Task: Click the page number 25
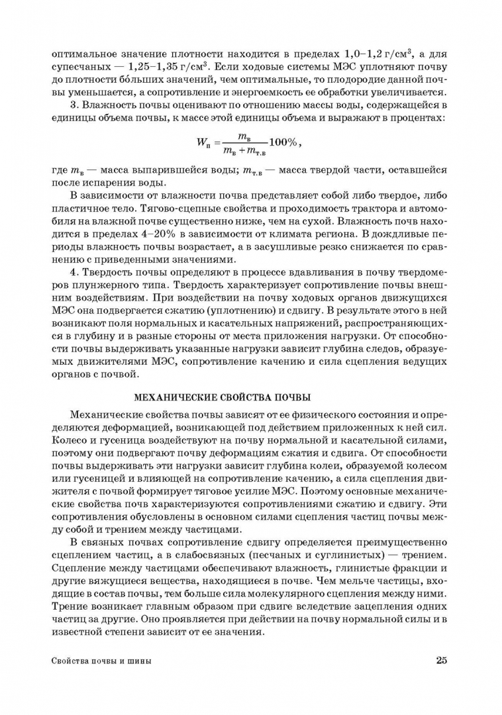[442, 660]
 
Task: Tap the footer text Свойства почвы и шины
[101, 661]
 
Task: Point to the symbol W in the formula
[203, 142]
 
